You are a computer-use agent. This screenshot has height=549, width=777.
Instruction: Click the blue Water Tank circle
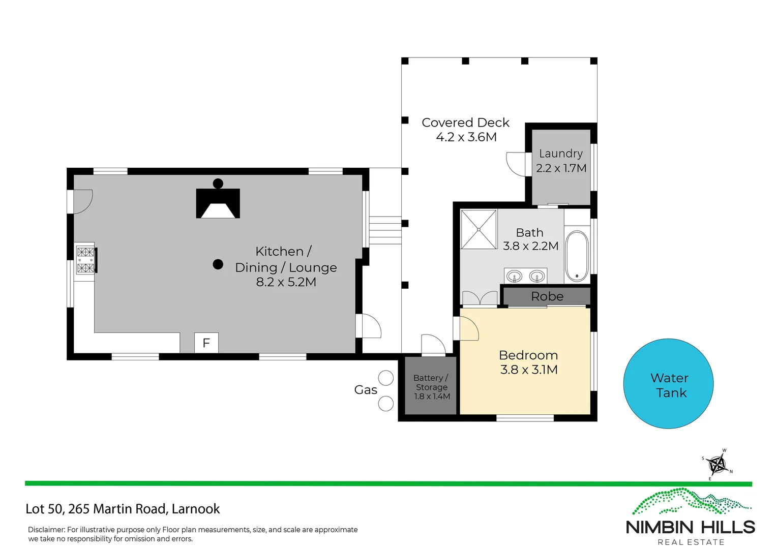668,384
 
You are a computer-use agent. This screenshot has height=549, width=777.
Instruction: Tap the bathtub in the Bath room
577,256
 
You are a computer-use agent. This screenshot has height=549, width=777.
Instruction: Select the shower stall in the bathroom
479,230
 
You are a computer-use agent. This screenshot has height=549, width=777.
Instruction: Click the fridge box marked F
206,343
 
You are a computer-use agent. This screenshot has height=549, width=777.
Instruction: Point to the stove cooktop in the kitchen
85,260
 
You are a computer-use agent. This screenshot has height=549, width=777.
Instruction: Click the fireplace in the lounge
218,203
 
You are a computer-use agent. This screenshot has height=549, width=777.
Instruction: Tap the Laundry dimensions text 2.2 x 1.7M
561,168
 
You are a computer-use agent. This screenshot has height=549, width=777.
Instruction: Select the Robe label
547,296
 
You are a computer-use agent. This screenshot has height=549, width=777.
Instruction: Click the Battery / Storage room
431,387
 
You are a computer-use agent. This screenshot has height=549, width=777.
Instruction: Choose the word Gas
366,390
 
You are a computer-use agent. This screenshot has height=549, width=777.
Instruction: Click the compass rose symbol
717,464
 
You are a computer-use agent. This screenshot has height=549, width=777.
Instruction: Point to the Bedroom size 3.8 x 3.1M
529,370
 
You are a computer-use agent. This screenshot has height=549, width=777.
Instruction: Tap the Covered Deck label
465,123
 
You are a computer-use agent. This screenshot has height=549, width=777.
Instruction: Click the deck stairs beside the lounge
385,230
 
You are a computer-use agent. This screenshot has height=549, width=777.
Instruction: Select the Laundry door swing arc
515,164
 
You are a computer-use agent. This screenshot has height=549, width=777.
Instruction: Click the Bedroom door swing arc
469,328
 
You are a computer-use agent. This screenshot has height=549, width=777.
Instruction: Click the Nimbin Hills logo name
690,527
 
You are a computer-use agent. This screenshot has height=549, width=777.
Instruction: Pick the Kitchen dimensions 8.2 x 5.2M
286,282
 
